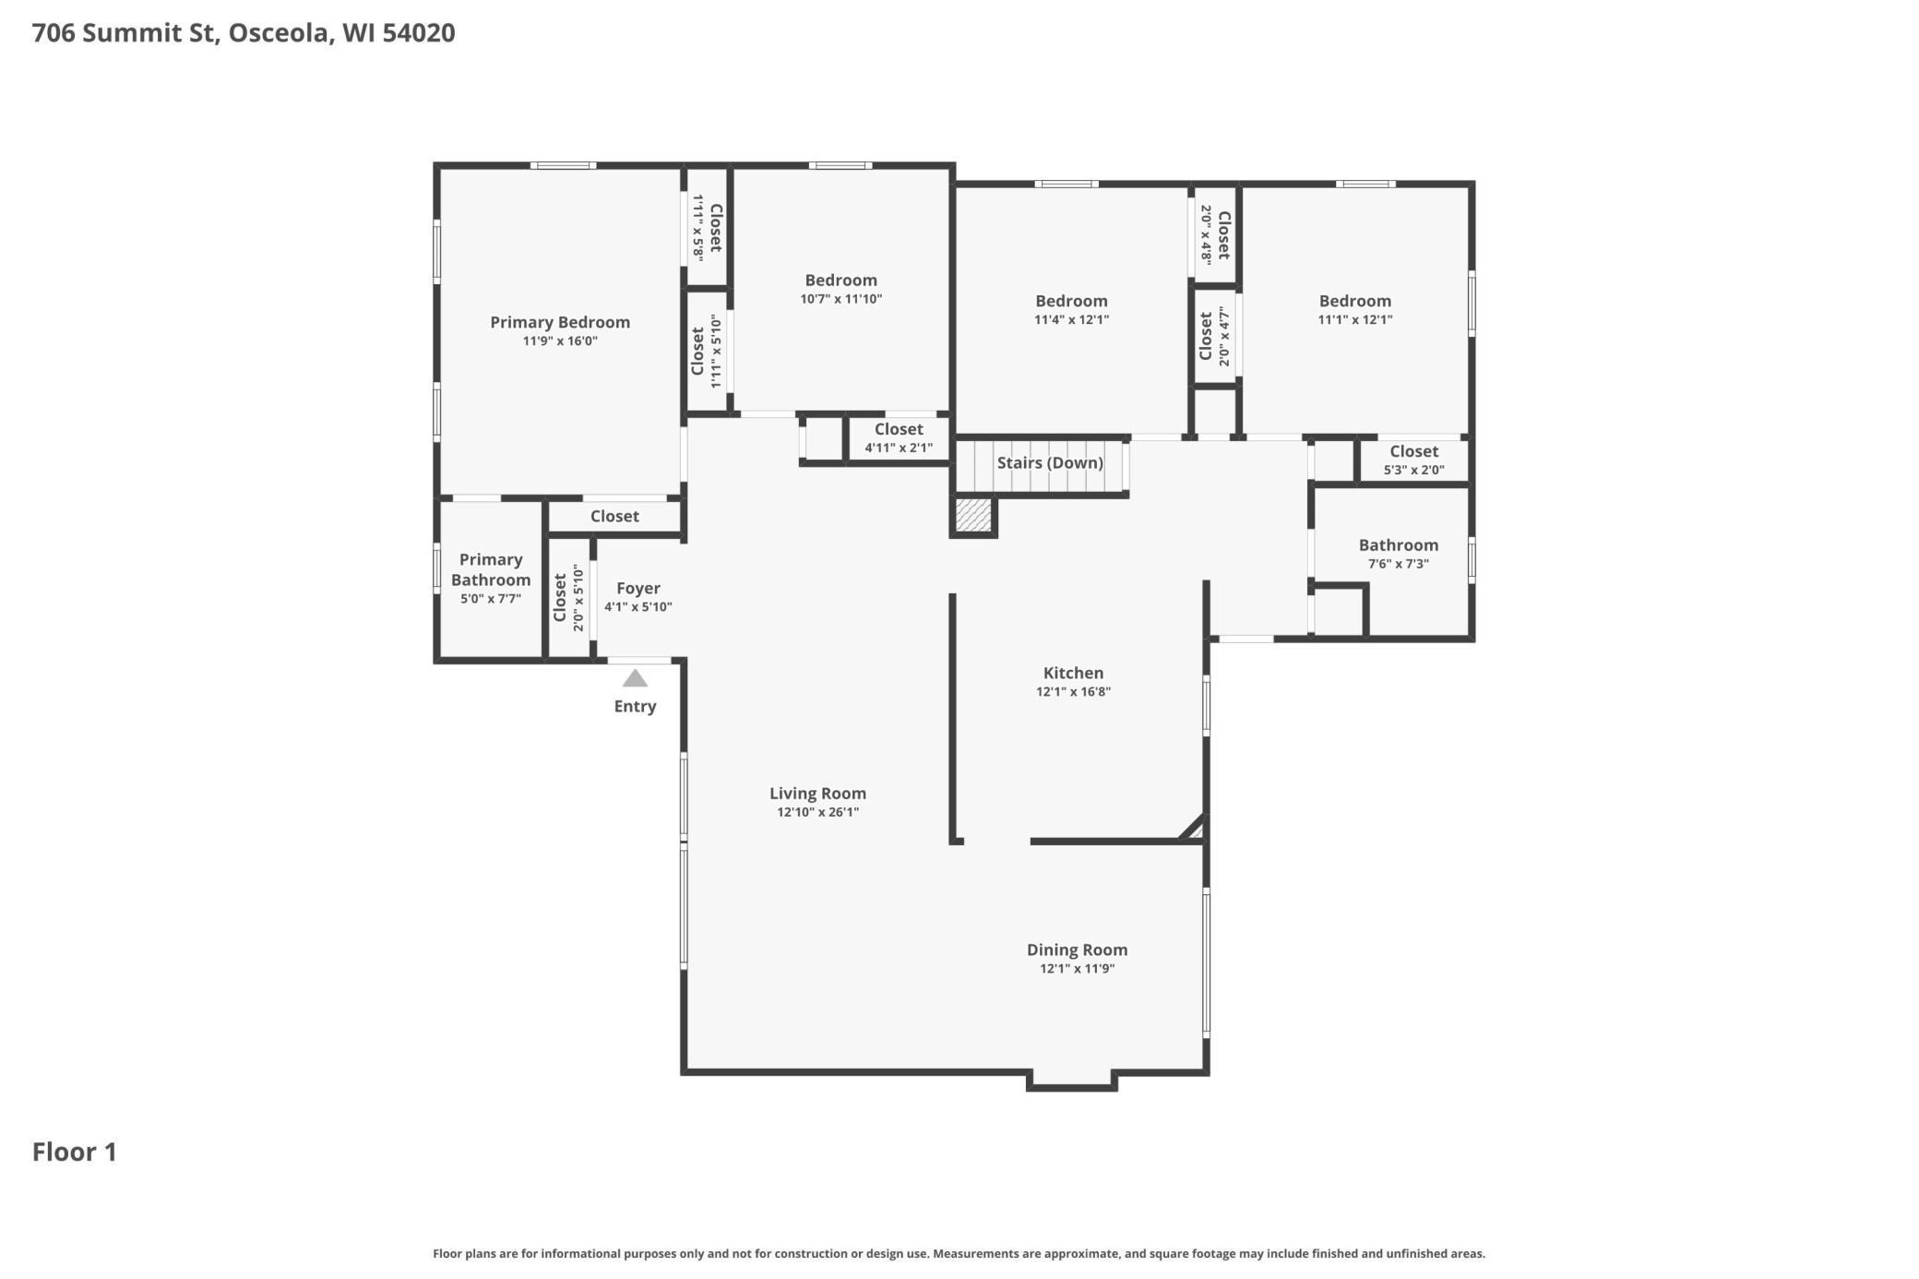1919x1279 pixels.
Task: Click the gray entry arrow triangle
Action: coord(635,679)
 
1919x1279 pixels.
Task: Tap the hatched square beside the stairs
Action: coord(972,515)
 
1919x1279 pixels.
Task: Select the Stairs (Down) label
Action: coord(1050,462)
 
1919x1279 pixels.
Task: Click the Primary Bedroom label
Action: coord(560,322)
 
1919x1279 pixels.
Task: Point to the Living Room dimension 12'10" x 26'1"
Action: coord(817,812)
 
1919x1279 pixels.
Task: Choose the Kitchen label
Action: coord(1073,673)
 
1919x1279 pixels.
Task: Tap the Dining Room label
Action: coord(1077,950)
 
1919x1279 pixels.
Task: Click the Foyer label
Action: coord(638,588)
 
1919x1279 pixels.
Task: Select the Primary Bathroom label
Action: coord(491,569)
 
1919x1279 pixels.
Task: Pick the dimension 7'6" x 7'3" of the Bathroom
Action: coord(1399,564)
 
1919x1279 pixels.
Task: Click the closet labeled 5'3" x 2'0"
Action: coord(1413,460)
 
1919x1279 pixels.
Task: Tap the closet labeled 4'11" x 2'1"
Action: coord(899,438)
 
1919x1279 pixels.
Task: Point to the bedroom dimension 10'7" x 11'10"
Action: coord(840,299)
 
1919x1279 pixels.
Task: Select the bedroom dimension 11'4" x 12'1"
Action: coord(1071,319)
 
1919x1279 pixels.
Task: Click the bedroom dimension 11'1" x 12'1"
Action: coord(1354,319)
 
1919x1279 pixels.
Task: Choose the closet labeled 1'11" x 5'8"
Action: coord(707,227)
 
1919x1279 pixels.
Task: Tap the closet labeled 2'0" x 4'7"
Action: coord(1214,336)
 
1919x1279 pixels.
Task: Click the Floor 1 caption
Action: coord(75,1152)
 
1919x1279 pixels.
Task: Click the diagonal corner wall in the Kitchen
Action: coord(1192,827)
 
